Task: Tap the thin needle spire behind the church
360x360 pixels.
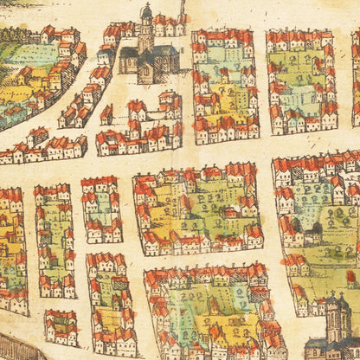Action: tap(183, 9)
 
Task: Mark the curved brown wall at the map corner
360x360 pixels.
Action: tap(13, 346)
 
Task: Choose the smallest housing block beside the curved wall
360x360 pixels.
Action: tap(61, 327)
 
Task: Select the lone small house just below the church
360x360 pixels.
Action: tap(106, 113)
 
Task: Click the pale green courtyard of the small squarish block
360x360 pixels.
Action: tap(102, 208)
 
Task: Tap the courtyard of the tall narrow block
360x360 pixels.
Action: tap(54, 238)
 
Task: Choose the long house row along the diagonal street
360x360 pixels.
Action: tap(43, 145)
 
